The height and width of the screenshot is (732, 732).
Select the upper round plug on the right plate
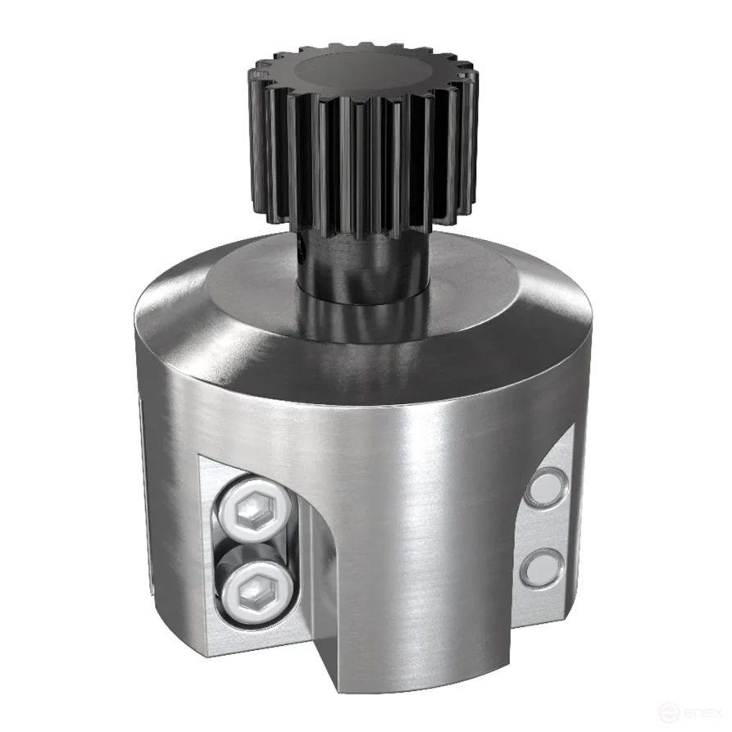click(544, 486)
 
